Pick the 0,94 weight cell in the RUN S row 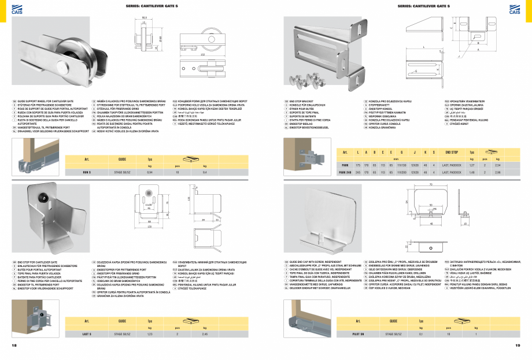pos(150,173)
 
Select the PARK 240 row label pos(345,172)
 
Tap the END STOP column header pos(452,152)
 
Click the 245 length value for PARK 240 pos(359,172)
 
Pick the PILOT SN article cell pos(359,334)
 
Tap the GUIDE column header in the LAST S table pos(122,320)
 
